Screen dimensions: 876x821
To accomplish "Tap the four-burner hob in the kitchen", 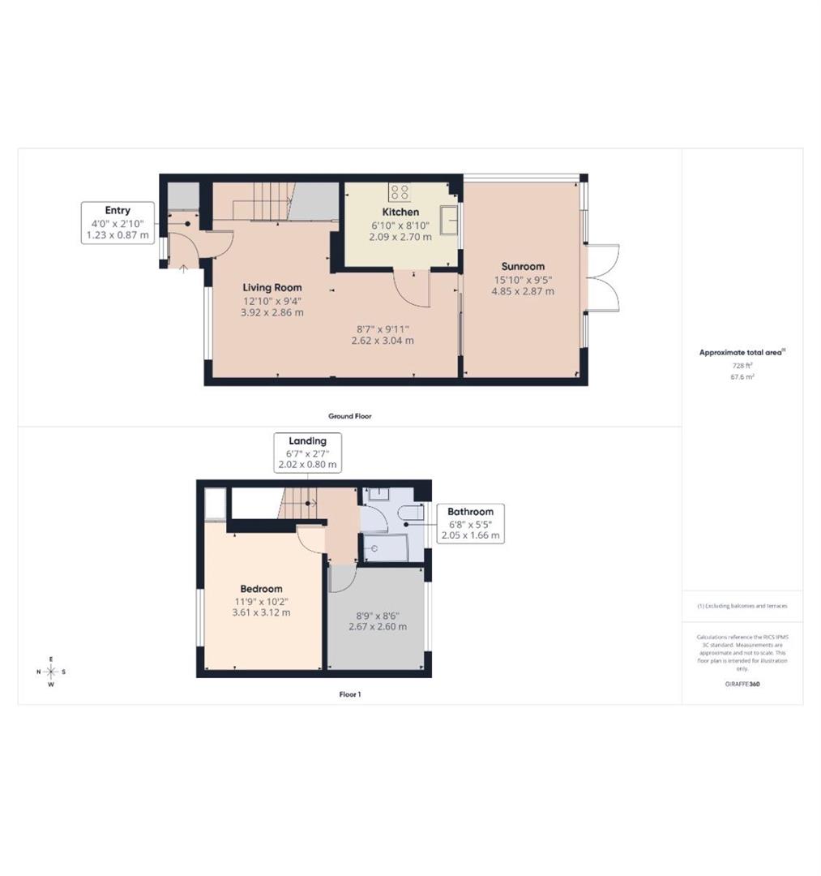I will click(x=399, y=192).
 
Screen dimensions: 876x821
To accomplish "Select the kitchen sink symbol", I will click(x=448, y=219).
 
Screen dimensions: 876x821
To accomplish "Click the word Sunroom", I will click(x=523, y=266).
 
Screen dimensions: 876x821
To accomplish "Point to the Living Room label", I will click(x=272, y=287).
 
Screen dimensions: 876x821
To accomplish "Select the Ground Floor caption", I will click(x=349, y=416).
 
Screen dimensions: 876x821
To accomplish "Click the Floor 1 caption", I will click(x=349, y=694).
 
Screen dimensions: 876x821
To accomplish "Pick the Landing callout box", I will click(x=307, y=453).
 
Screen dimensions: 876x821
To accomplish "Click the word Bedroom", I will click(x=261, y=589).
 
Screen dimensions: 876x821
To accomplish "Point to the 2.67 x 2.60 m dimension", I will click(x=377, y=627).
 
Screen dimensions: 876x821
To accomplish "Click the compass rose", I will click(x=51, y=672).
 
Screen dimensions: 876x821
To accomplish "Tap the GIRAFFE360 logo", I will click(x=742, y=684).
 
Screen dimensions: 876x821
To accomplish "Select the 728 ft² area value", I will click(x=742, y=366).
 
